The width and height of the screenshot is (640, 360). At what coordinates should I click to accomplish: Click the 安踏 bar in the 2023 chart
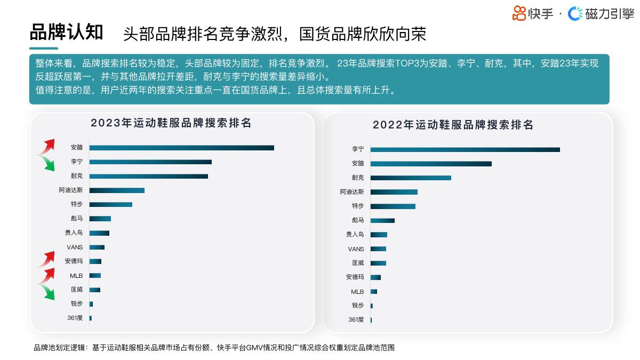(181, 148)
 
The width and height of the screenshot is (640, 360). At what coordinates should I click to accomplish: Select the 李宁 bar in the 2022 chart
(465, 149)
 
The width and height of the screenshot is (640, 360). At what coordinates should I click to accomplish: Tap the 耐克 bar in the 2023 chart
(148, 176)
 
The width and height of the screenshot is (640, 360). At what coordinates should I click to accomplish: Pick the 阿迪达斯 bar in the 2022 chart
(394, 192)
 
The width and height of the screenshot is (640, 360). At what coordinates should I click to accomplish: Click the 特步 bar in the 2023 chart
(110, 204)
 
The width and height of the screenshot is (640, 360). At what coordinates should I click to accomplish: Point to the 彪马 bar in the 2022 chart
(382, 220)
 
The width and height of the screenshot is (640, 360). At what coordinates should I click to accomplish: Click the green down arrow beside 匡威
(48, 292)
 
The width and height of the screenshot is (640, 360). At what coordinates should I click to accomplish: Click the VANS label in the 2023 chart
(75, 247)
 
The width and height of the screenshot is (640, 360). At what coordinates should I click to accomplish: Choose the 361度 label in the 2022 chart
(356, 319)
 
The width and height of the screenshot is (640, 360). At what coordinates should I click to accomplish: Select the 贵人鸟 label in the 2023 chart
(74, 233)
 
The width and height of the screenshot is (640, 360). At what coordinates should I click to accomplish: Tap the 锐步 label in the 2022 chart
(357, 306)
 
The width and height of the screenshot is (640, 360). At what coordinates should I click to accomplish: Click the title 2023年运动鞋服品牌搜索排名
(171, 123)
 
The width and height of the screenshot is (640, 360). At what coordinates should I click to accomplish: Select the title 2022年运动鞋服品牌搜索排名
(453, 125)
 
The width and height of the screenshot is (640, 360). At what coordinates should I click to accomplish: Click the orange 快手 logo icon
(519, 13)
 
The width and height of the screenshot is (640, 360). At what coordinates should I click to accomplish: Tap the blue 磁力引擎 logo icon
(575, 14)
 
